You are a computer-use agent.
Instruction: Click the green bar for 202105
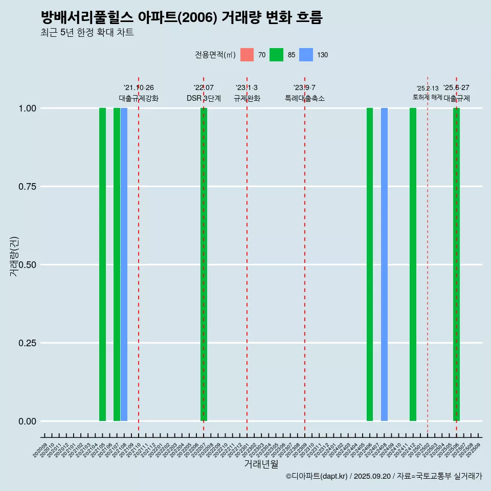(x=102, y=264)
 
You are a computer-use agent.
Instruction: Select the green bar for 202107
(x=117, y=264)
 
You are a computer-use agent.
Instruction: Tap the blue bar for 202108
(x=124, y=264)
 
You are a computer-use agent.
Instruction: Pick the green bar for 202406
(x=370, y=264)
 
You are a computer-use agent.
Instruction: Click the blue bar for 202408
(x=384, y=264)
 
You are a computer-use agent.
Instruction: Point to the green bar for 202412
(x=413, y=264)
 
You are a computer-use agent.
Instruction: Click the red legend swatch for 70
(x=247, y=55)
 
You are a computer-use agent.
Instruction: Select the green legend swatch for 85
(x=277, y=55)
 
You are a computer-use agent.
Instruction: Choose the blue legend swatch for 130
(x=306, y=55)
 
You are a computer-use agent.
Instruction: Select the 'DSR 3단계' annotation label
(x=204, y=98)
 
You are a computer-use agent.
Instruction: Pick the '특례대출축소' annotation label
(x=305, y=98)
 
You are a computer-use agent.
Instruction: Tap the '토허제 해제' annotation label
(x=427, y=97)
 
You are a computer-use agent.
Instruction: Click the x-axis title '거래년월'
(x=261, y=464)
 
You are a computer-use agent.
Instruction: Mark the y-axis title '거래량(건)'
(x=14, y=256)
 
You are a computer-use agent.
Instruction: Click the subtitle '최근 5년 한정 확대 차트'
(x=87, y=33)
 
